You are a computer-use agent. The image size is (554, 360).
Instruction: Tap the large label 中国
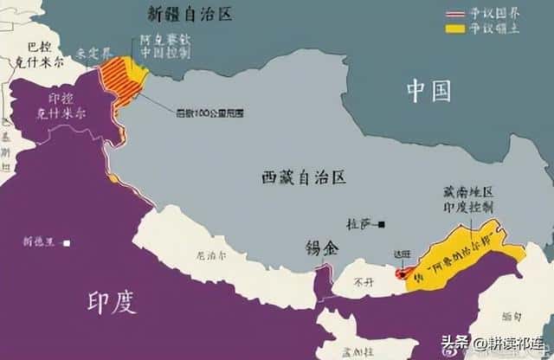point(430,89)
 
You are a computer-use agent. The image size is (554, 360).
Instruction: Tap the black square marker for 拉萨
point(381,222)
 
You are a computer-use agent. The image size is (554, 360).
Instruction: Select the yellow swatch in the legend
point(454,29)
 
